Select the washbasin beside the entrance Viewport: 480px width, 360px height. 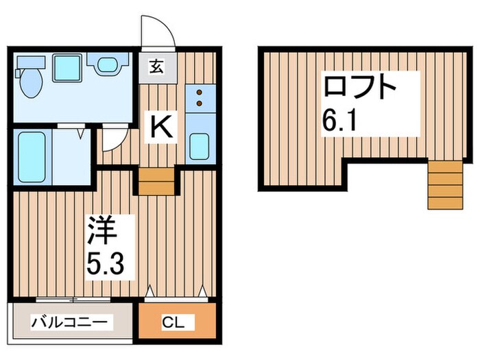[x=108, y=66]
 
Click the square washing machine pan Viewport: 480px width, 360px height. [x=67, y=67]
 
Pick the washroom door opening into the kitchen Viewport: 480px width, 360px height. [x=112, y=142]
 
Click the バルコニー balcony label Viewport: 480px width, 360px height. [x=69, y=322]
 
